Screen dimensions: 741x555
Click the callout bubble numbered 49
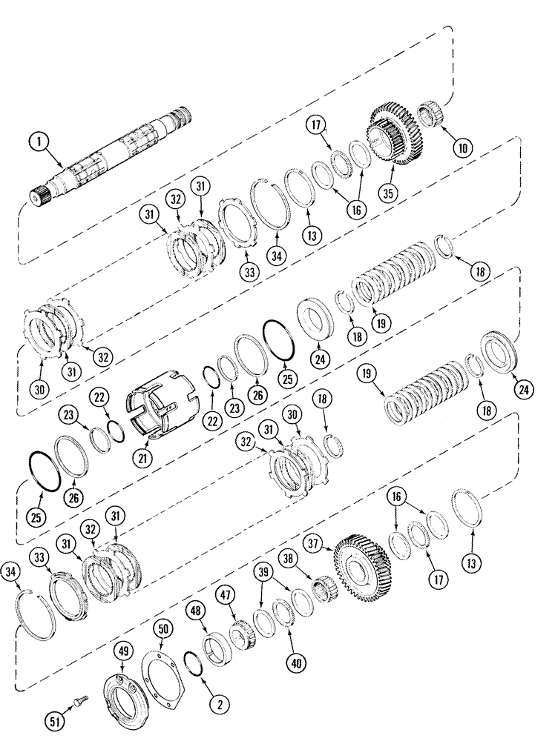click(124, 651)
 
